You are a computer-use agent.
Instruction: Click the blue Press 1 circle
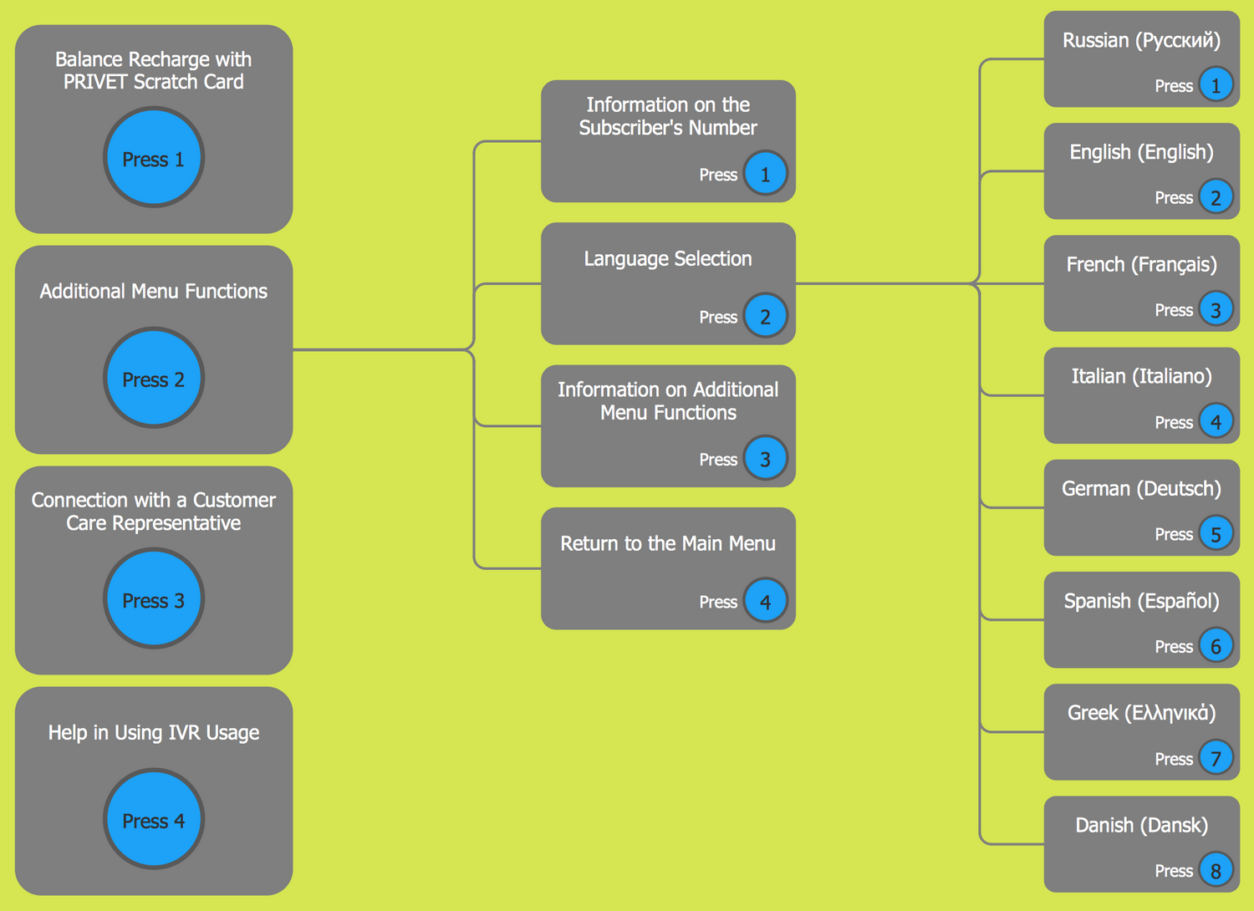154,158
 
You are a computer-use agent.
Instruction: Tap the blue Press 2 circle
154,379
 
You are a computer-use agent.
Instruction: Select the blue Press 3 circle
154,599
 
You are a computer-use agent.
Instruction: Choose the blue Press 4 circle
154,820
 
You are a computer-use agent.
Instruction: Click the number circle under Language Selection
765,316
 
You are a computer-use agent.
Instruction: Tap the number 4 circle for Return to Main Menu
765,601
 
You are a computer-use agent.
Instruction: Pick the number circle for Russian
1216,84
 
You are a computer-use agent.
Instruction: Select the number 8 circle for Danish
1216,870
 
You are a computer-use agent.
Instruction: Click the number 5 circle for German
1216,533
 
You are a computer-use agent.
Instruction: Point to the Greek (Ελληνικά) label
1141,713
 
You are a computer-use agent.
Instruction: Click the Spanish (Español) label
1141,601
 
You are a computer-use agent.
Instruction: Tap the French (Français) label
1141,265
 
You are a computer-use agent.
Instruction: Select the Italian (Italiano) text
1141,376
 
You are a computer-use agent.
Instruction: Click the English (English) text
1141,152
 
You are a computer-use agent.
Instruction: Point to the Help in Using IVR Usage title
154,733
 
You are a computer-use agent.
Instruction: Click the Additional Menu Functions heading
154,291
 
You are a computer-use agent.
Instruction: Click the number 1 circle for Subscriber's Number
765,174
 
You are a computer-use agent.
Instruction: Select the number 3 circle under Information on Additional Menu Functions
765,458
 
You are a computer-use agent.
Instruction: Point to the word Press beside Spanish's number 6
1173,647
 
